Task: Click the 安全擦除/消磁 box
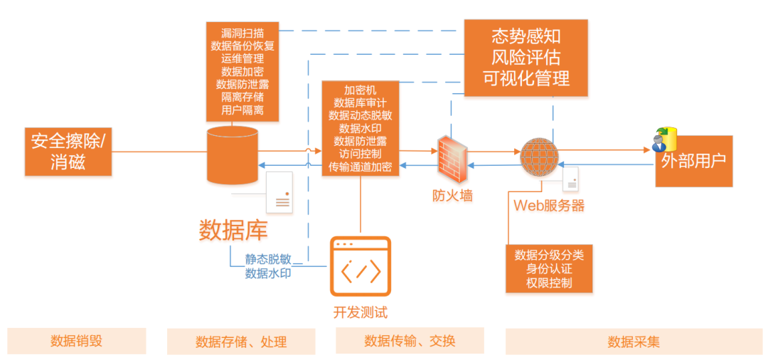(x=68, y=152)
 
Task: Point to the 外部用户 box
(x=693, y=162)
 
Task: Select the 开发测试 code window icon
(x=361, y=267)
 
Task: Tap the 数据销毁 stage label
(x=76, y=341)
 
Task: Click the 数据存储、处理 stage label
(x=241, y=342)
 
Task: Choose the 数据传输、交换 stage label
(x=410, y=341)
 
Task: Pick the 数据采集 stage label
(x=634, y=342)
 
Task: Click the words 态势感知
(x=526, y=36)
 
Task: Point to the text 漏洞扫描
(x=242, y=33)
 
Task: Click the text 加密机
(x=360, y=90)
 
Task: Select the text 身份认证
(x=549, y=269)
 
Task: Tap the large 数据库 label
(x=233, y=230)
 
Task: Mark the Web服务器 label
(x=548, y=206)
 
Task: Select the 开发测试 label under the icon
(x=361, y=312)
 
